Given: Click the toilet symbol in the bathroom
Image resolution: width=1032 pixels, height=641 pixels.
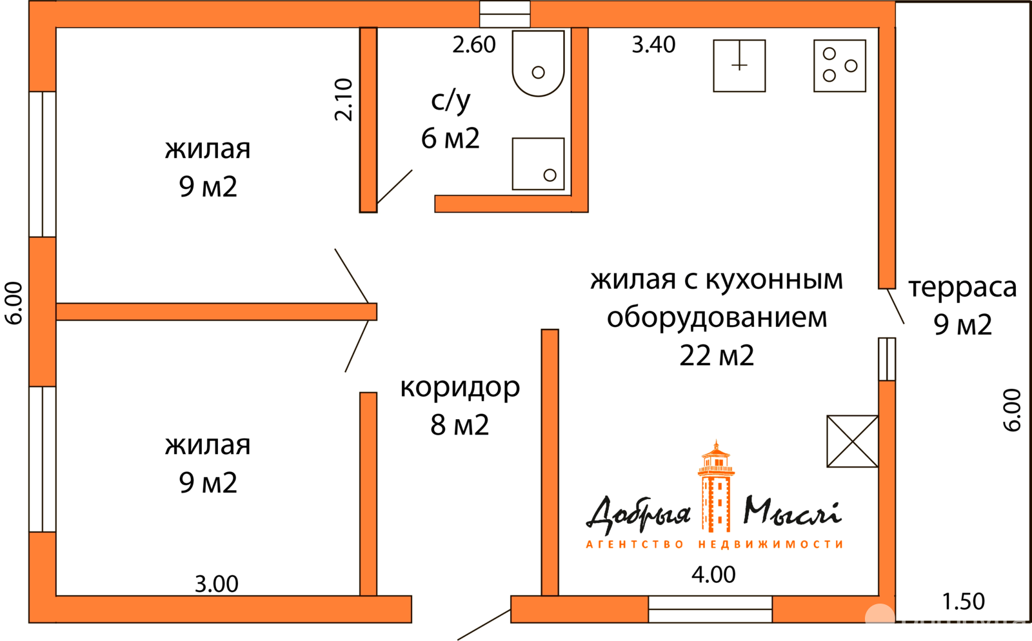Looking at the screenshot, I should [538, 63].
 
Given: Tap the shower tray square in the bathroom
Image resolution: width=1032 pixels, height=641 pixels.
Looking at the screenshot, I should [538, 164].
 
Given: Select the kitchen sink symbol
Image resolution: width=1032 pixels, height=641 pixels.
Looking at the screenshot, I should [739, 66].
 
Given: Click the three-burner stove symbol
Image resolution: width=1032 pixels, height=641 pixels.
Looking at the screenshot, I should [839, 66].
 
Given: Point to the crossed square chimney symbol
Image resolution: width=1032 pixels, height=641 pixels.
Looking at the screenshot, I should [852, 441].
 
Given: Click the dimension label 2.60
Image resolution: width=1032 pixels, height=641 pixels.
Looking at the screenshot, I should [473, 45].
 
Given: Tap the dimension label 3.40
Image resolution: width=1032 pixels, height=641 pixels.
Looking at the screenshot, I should [653, 45].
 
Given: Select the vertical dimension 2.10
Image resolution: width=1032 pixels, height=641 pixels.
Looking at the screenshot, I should [344, 99].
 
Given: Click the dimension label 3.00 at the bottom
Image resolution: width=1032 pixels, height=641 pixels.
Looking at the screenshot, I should [217, 584].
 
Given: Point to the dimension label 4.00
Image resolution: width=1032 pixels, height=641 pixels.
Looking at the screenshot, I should [713, 575].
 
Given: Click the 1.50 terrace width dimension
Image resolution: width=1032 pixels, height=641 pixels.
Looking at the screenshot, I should [963, 601].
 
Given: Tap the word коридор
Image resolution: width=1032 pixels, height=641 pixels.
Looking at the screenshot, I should [460, 388].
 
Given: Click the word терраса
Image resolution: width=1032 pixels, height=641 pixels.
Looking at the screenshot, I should [962, 288].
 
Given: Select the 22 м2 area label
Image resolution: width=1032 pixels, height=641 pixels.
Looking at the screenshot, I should [717, 355].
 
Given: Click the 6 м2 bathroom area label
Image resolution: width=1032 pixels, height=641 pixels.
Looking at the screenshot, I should [450, 138].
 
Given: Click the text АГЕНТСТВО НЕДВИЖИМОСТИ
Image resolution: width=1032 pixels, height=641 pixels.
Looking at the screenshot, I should [714, 544].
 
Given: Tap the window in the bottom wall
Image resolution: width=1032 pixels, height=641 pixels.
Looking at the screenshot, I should [710, 609].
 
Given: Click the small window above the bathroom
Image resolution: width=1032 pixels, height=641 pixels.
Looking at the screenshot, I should [504, 14].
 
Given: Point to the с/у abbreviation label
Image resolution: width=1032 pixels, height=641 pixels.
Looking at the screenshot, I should [450, 101].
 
